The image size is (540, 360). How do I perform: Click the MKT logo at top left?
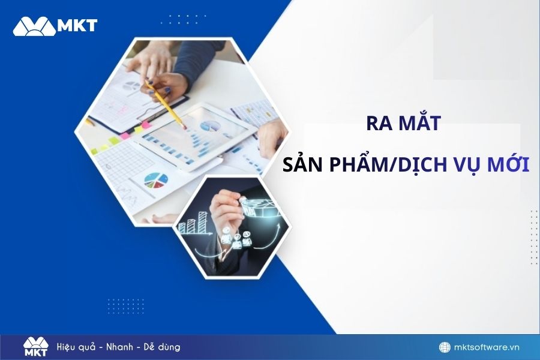[x=55, y=26]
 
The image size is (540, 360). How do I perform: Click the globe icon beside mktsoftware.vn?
[x=445, y=347]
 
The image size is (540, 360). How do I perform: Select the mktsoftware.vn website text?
[x=487, y=347]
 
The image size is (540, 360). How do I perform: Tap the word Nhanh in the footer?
[x=119, y=347]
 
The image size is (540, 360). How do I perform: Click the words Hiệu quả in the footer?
[x=76, y=347]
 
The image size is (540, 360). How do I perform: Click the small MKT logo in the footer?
[x=36, y=347]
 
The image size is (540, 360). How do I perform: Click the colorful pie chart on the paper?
[x=156, y=180]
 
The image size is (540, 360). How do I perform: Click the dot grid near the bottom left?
[x=125, y=306]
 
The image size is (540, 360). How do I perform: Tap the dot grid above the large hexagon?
[x=184, y=20]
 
